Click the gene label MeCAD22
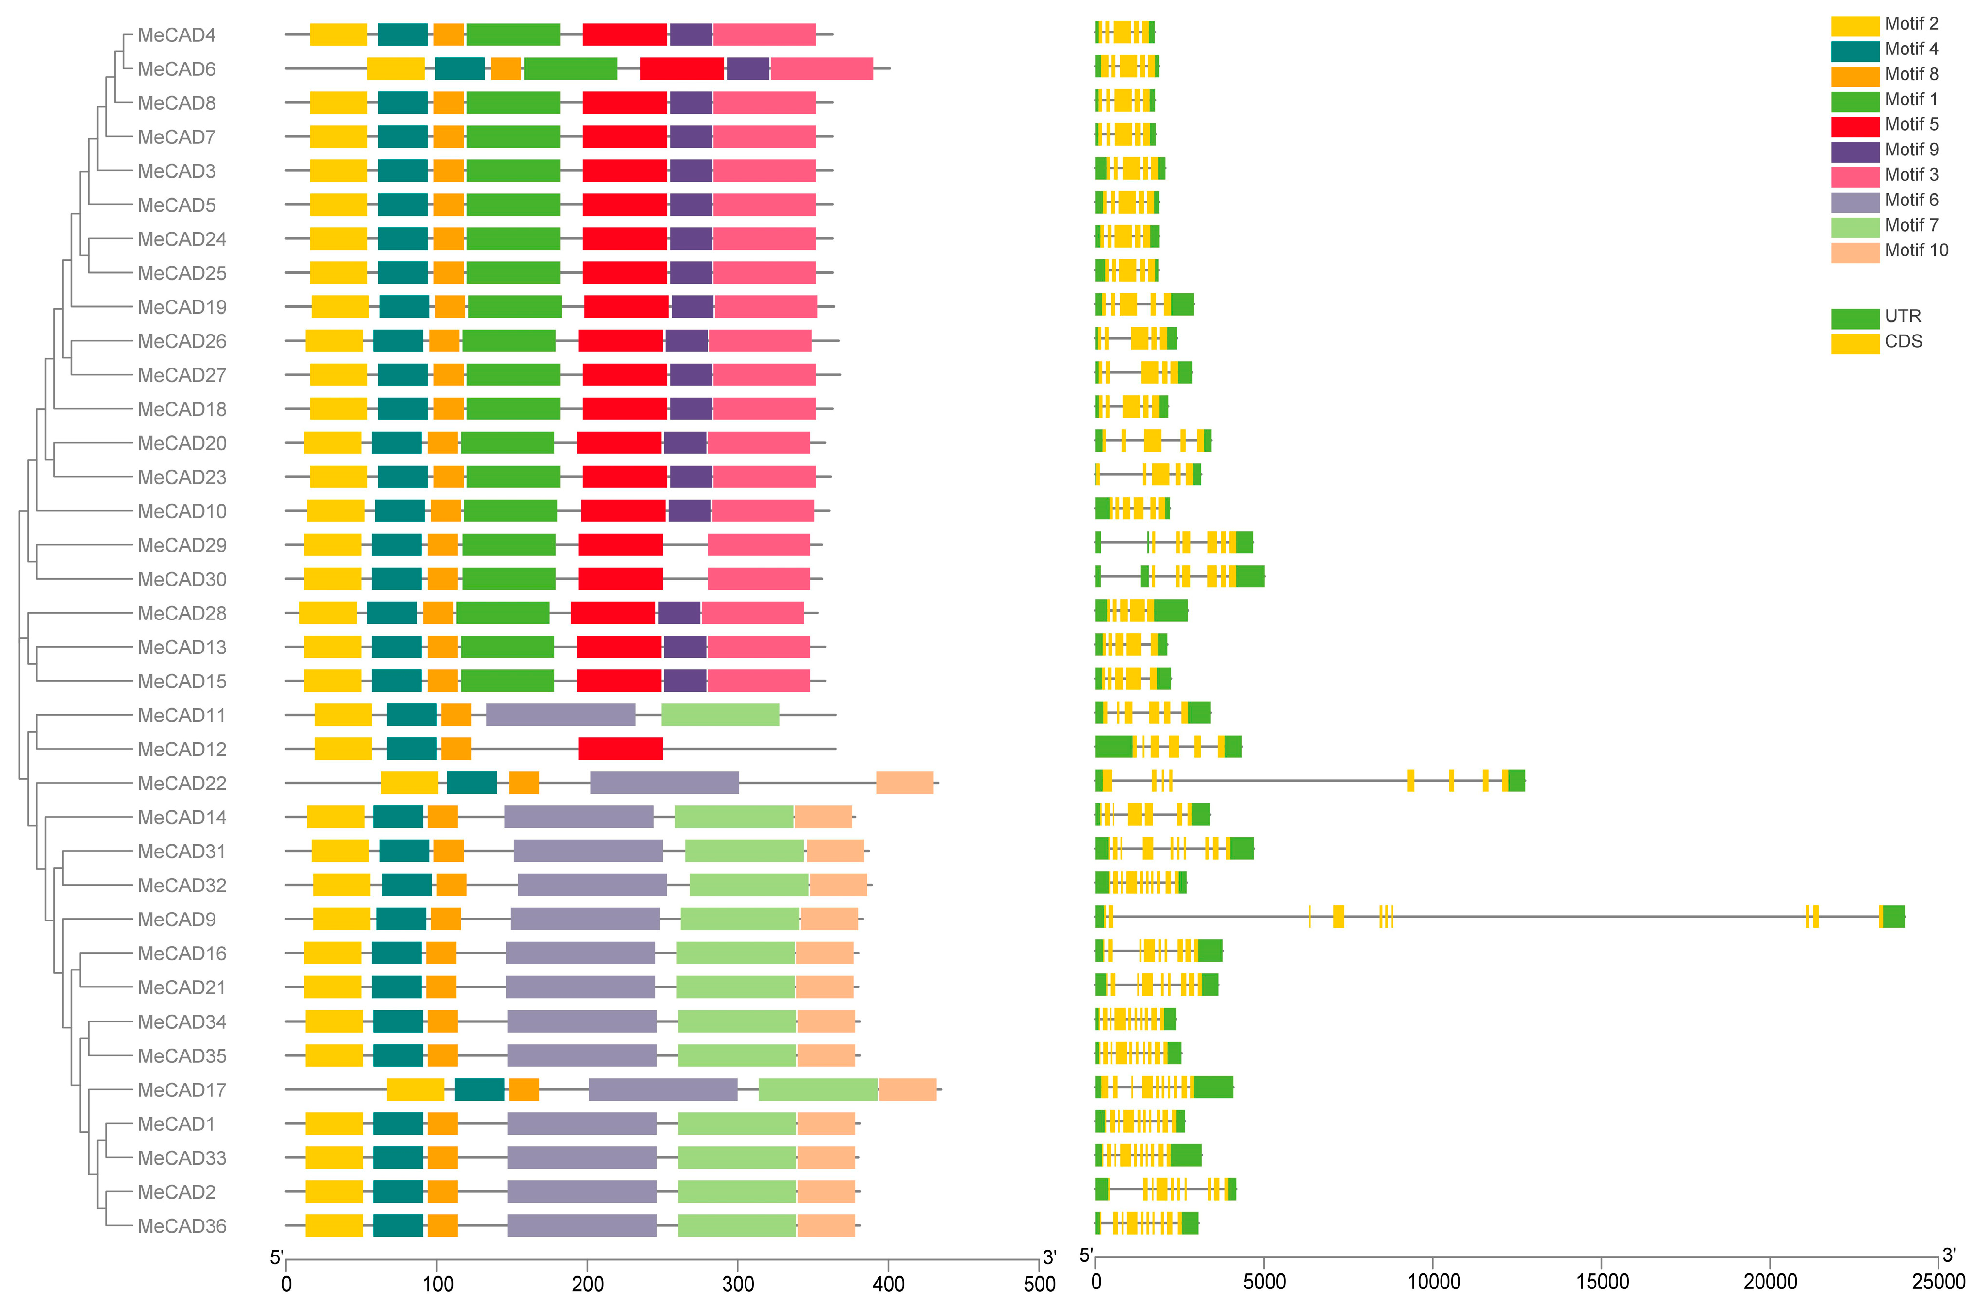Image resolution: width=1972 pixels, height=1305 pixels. point(182,783)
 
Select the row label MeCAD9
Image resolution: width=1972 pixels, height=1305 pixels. point(176,920)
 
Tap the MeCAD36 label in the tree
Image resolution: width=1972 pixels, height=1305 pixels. point(182,1226)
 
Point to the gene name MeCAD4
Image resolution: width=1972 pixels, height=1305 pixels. point(176,35)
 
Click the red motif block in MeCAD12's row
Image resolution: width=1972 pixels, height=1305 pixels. point(620,749)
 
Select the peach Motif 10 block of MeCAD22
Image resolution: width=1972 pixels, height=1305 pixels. point(904,783)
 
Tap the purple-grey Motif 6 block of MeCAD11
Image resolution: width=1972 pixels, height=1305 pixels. point(561,715)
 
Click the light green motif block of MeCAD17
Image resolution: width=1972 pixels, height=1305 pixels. point(818,1089)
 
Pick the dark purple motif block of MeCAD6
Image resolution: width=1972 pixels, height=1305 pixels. point(747,69)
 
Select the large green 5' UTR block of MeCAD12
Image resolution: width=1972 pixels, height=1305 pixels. point(1113,747)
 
